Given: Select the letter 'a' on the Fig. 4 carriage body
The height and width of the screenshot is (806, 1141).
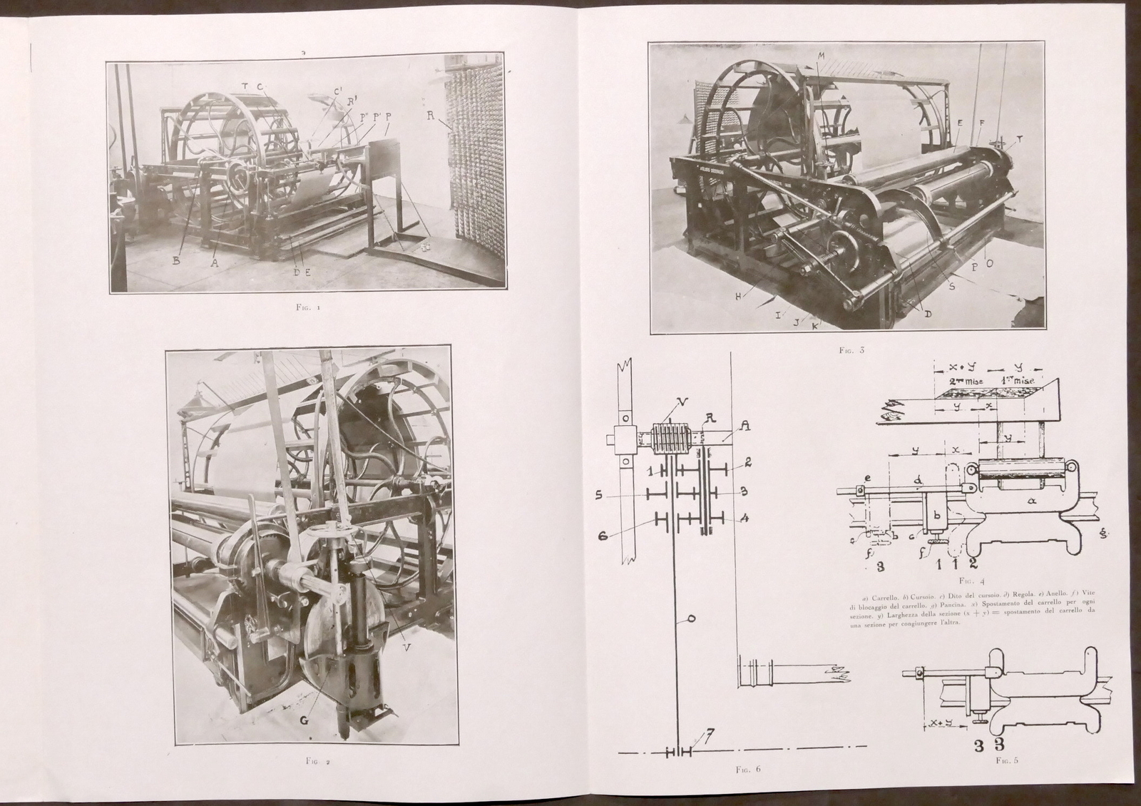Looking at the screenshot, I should point(1032,501).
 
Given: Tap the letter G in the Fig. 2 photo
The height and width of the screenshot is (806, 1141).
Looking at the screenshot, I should point(304,720).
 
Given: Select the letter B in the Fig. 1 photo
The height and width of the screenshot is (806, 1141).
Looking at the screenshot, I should point(176,262).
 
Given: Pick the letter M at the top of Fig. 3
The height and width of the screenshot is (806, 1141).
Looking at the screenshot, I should point(821,56).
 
